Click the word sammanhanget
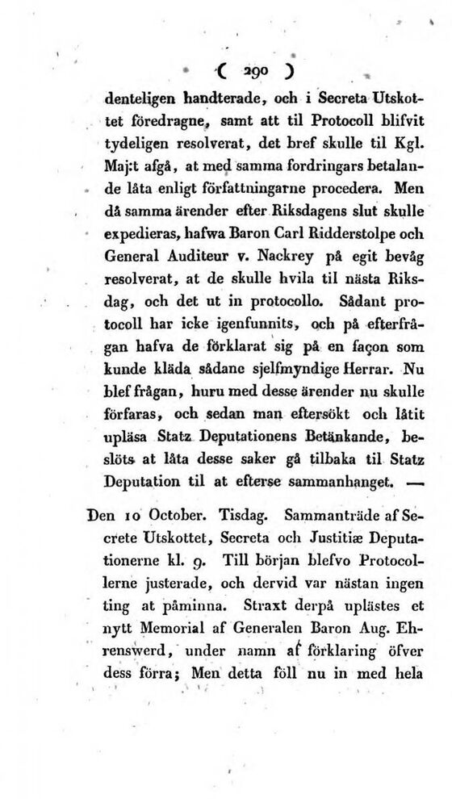342,483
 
